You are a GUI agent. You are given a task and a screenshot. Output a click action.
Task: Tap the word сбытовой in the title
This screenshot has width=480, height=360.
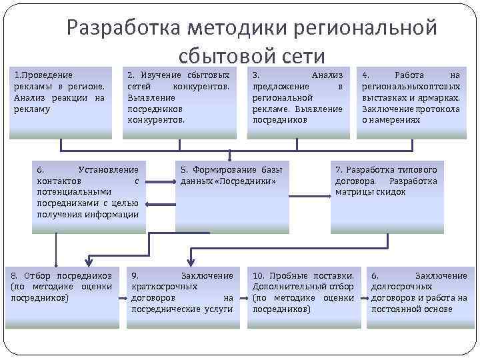pos(224,56)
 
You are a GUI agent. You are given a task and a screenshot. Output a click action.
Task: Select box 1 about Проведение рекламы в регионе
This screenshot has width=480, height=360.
pos(59,100)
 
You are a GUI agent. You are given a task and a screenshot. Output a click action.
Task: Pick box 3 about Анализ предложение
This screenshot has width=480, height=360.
pos(297,100)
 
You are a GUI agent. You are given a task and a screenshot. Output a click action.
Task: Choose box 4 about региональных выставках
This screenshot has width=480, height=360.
pos(411,100)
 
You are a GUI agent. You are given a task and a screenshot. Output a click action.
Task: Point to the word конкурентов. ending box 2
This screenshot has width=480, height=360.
pos(155,120)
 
